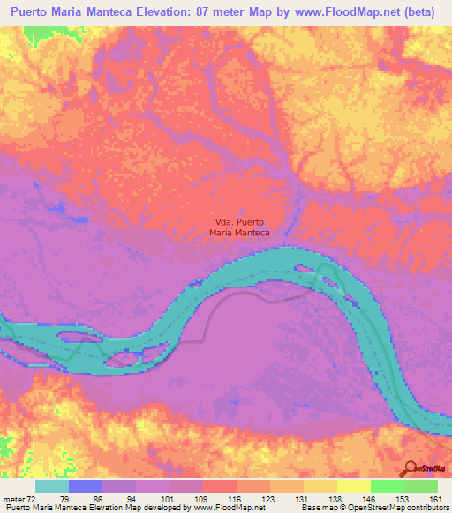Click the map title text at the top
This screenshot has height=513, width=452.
tap(225, 13)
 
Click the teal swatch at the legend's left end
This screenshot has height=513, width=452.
tap(52, 486)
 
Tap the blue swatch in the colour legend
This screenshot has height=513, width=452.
tap(86, 486)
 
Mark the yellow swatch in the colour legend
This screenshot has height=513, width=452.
tap(354, 486)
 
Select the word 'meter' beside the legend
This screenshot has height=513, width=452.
tap(13, 498)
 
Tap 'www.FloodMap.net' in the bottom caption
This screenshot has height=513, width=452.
tap(228, 508)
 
